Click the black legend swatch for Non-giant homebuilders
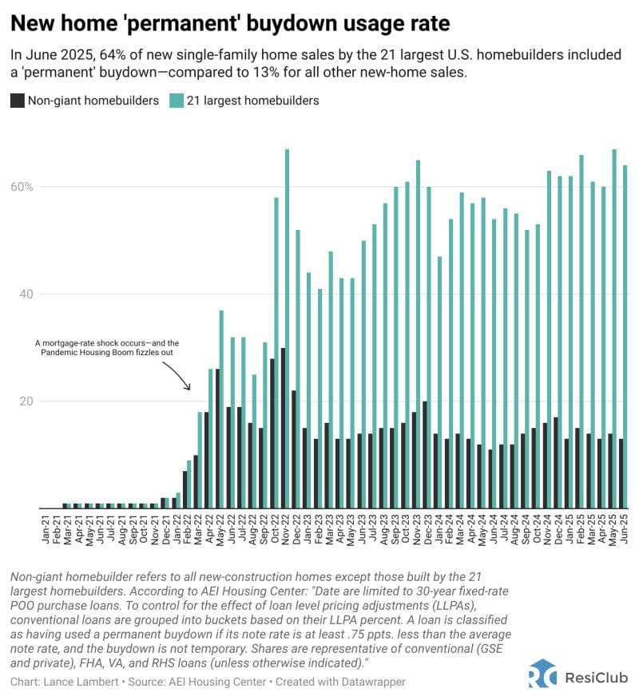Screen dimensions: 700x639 click(18, 101)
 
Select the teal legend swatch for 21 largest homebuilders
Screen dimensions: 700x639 click(176, 101)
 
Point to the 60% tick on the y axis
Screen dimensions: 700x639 click(21, 187)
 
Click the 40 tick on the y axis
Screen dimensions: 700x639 click(25, 294)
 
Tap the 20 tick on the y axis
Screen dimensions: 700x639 click(25, 401)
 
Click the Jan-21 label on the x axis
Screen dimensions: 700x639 click(46, 527)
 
